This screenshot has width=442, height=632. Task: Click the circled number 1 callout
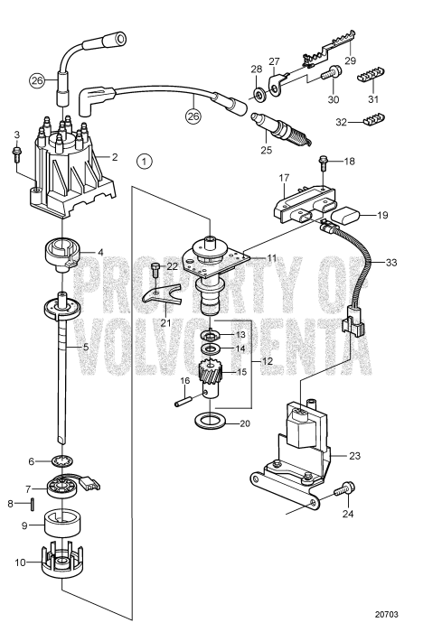pyautogui.click(x=142, y=163)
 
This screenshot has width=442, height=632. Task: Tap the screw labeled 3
pyautogui.click(x=16, y=154)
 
